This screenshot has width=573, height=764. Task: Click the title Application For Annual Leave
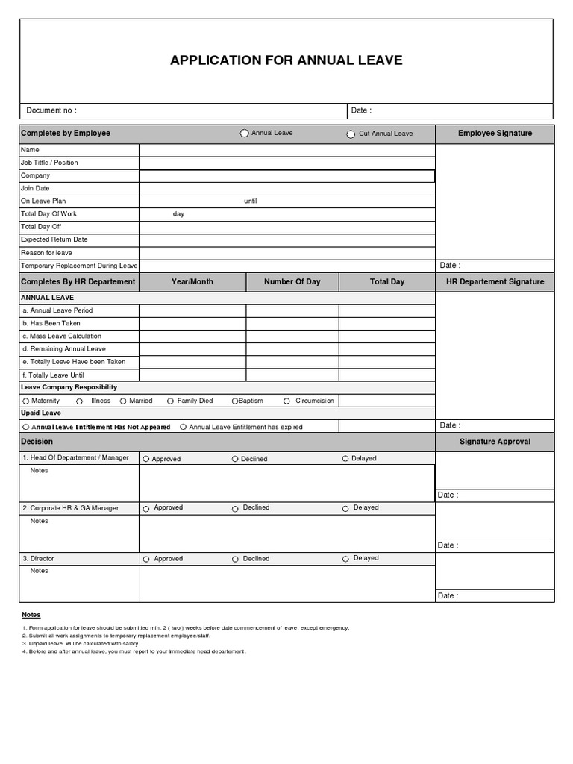[x=286, y=60]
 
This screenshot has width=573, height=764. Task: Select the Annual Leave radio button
[x=245, y=134]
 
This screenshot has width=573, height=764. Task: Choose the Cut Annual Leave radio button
[x=351, y=134]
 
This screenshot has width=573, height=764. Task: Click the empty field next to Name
[x=286, y=150]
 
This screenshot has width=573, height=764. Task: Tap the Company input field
[x=286, y=176]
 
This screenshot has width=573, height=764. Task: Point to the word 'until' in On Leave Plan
[x=250, y=201]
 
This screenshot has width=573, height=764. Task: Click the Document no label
[x=51, y=110]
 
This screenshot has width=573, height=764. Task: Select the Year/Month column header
[x=192, y=281]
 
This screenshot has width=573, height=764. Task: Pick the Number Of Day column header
[x=292, y=281]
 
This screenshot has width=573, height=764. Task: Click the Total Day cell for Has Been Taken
[x=386, y=324]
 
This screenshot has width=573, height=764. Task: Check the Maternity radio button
[x=25, y=401]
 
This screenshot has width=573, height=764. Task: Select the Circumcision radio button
[x=287, y=401]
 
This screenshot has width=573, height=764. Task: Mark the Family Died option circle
[x=170, y=401]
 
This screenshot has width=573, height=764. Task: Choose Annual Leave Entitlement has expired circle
[x=183, y=428]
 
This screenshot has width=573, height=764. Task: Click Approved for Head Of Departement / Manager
[x=146, y=459]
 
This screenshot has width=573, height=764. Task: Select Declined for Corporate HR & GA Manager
[x=235, y=509]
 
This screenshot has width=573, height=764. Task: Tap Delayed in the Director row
[x=345, y=559]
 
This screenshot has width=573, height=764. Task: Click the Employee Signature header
[x=495, y=134]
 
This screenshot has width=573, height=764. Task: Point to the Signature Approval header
[x=495, y=442]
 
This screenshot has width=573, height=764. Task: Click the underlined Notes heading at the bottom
[x=31, y=615]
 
